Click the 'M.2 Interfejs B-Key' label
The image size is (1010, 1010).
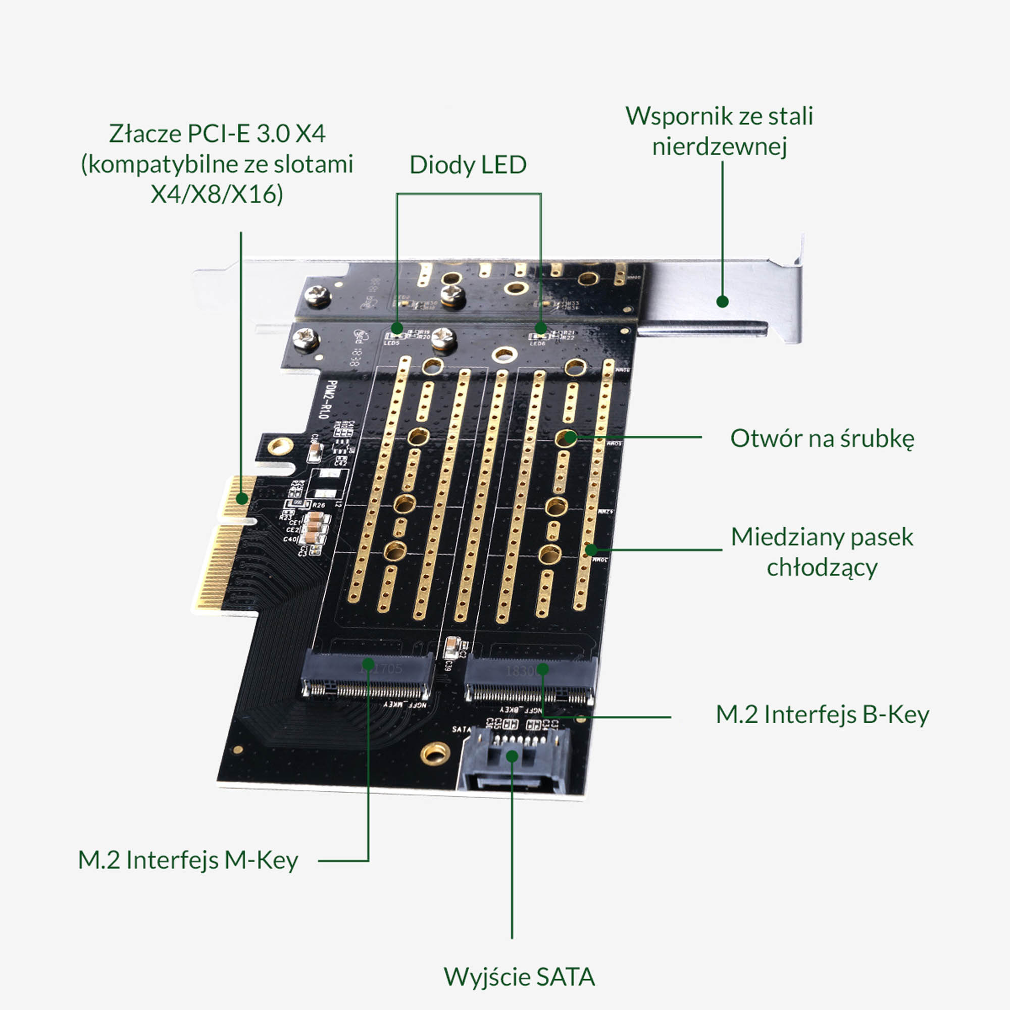822,715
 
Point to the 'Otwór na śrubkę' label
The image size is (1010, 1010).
822,439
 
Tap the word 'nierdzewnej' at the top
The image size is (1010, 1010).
719,146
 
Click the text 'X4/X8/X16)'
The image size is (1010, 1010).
217,194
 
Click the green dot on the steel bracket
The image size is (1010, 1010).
723,301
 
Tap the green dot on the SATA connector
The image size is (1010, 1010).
512,756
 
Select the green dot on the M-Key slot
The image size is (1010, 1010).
368,664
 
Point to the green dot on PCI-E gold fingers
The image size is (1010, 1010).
241,498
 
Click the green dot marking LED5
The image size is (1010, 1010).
397,328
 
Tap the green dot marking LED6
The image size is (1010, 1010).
540,328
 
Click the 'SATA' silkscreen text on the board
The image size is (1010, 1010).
462,729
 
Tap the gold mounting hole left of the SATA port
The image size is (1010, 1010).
435,753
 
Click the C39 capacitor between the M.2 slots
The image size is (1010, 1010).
451,648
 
